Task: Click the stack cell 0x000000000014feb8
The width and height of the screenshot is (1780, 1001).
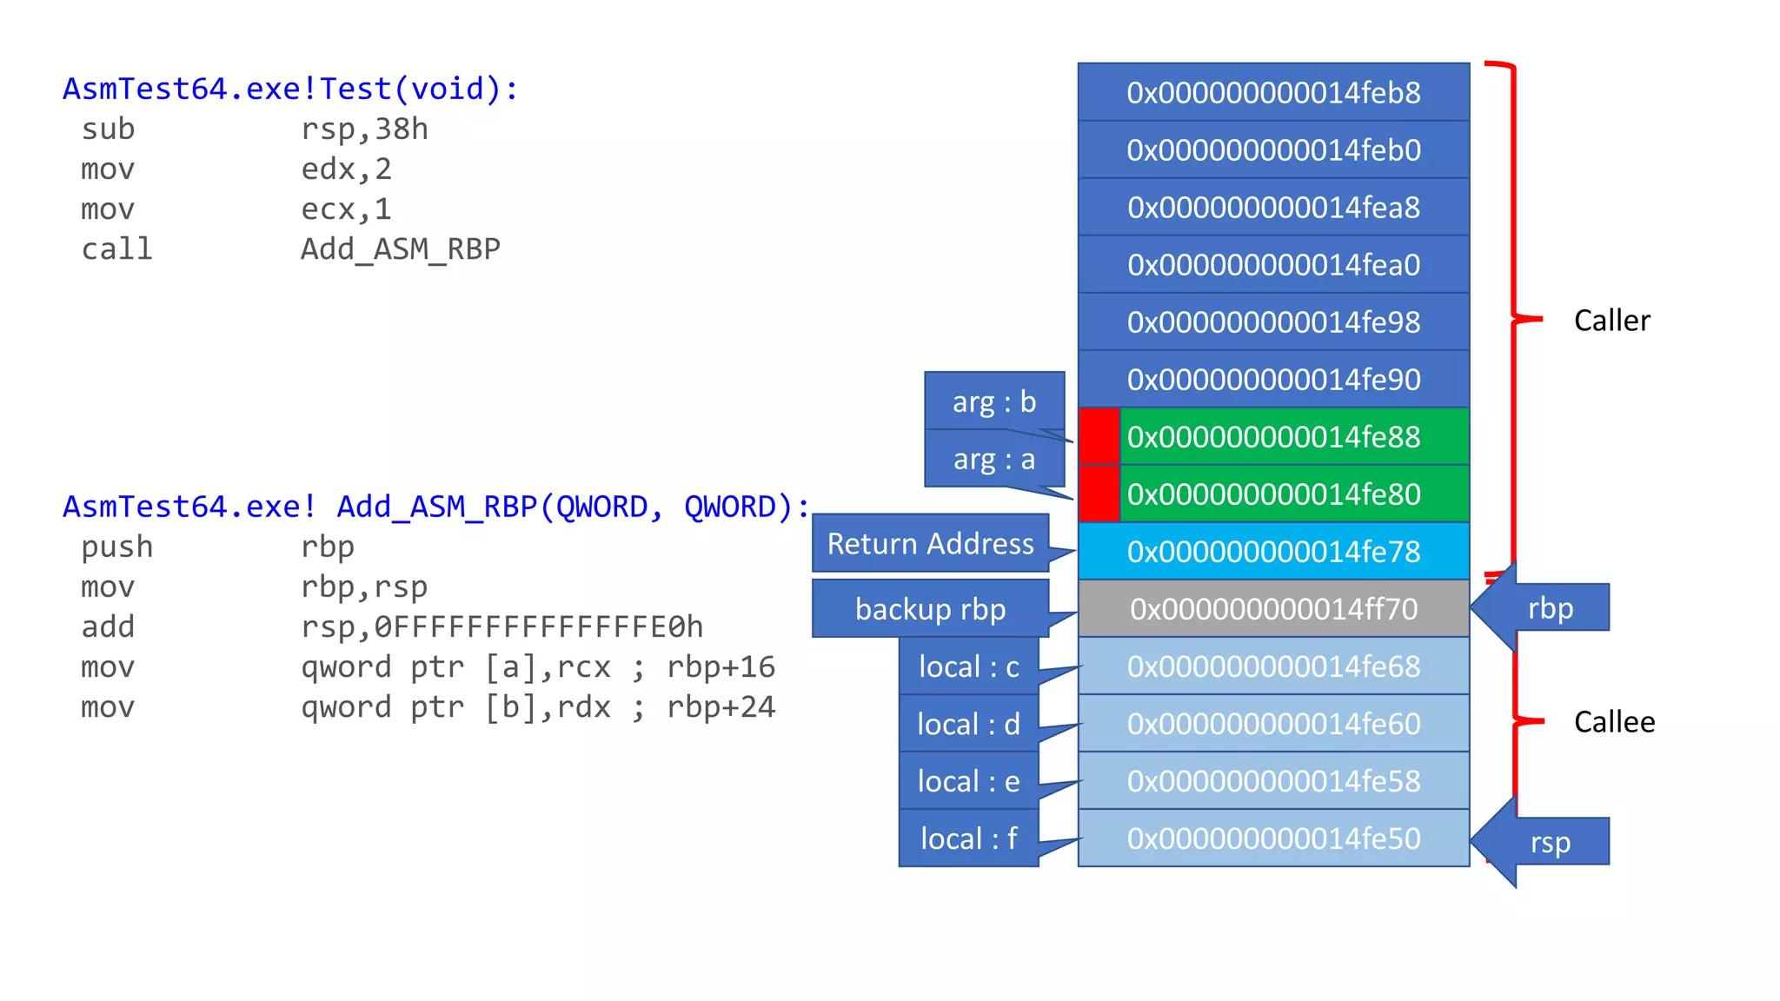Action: pyautogui.click(x=1272, y=92)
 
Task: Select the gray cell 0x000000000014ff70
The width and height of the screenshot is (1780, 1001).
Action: pyautogui.click(x=1272, y=609)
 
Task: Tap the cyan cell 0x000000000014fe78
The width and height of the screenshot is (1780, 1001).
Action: pyautogui.click(x=1272, y=552)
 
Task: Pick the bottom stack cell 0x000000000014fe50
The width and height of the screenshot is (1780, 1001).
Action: pyautogui.click(x=1272, y=839)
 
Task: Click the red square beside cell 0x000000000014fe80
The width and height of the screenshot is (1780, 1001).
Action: pyautogui.click(x=1099, y=494)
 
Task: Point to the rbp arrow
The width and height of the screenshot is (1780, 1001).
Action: pyautogui.click(x=1544, y=608)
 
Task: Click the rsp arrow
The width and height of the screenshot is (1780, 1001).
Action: pyautogui.click(x=1544, y=842)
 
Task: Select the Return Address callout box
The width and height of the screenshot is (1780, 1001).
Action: pyautogui.click(x=930, y=544)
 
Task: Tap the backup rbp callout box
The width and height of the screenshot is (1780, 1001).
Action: pyautogui.click(x=930, y=609)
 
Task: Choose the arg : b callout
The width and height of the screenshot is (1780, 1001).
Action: pyautogui.click(x=993, y=401)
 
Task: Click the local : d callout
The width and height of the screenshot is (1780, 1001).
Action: pyautogui.click(x=968, y=724)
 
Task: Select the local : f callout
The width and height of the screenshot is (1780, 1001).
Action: pyautogui.click(x=968, y=839)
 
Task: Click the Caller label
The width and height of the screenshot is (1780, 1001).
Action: pyautogui.click(x=1611, y=321)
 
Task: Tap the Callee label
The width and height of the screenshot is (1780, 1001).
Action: pyautogui.click(x=1614, y=722)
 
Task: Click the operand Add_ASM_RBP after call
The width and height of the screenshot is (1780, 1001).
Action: pyautogui.click(x=400, y=249)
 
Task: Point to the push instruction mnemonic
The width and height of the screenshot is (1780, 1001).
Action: pyautogui.click(x=116, y=547)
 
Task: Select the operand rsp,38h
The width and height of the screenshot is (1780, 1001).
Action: pyautogui.click(x=364, y=129)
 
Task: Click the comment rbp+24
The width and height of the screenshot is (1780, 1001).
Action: pyautogui.click(x=721, y=707)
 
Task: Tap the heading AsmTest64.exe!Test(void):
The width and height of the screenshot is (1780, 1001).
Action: pyautogui.click(x=290, y=89)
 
